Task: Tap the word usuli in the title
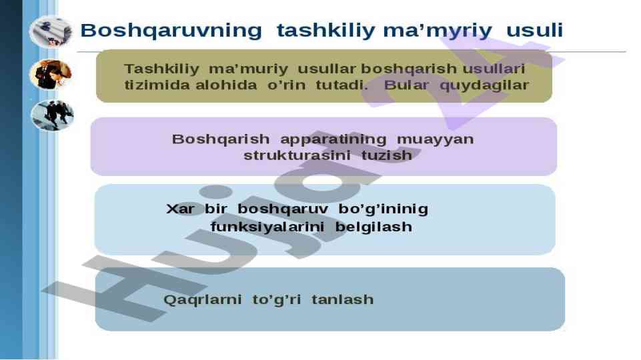[x=535, y=30]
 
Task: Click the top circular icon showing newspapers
[x=51, y=32]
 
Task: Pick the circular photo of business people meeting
[x=51, y=74]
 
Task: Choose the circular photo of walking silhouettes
[x=52, y=115]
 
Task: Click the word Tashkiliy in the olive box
[x=161, y=69]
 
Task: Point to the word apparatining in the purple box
[x=333, y=140]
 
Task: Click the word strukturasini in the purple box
[x=297, y=155]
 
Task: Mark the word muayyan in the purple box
[x=436, y=140]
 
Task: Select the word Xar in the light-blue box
[x=180, y=209]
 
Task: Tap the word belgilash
[x=374, y=227]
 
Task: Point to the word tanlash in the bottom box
[x=343, y=299]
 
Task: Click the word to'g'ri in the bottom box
[x=276, y=300]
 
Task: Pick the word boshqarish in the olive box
[x=408, y=69]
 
